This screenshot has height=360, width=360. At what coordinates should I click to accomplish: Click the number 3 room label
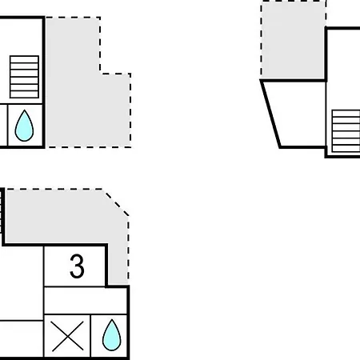(x=77, y=266)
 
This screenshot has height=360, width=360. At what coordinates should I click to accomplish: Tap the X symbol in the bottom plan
(x=67, y=336)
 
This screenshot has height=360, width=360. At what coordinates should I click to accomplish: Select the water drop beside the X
(x=112, y=335)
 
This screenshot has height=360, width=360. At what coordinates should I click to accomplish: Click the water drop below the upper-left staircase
(x=24, y=126)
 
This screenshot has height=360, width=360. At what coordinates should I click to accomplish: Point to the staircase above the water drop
(x=24, y=77)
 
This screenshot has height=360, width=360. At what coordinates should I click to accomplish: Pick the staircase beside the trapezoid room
(x=346, y=131)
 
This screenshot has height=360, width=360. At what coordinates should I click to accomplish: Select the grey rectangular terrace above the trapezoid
(x=293, y=40)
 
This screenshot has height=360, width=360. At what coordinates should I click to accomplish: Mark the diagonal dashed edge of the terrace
(x=116, y=203)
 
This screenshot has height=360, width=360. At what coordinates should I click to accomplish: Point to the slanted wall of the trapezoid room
(x=270, y=114)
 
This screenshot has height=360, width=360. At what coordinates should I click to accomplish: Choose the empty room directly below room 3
(x=86, y=301)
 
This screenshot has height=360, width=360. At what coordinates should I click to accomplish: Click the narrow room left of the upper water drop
(x=3, y=125)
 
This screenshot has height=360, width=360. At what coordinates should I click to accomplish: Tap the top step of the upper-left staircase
(x=24, y=59)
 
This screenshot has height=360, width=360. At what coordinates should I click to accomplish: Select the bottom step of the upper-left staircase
(x=24, y=94)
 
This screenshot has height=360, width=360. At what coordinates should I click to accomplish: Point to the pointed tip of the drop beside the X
(x=112, y=319)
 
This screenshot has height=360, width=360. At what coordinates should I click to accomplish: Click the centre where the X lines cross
(x=67, y=336)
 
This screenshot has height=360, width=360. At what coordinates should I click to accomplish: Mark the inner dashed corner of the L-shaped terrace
(x=101, y=73)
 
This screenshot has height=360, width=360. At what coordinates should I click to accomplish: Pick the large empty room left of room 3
(x=22, y=283)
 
